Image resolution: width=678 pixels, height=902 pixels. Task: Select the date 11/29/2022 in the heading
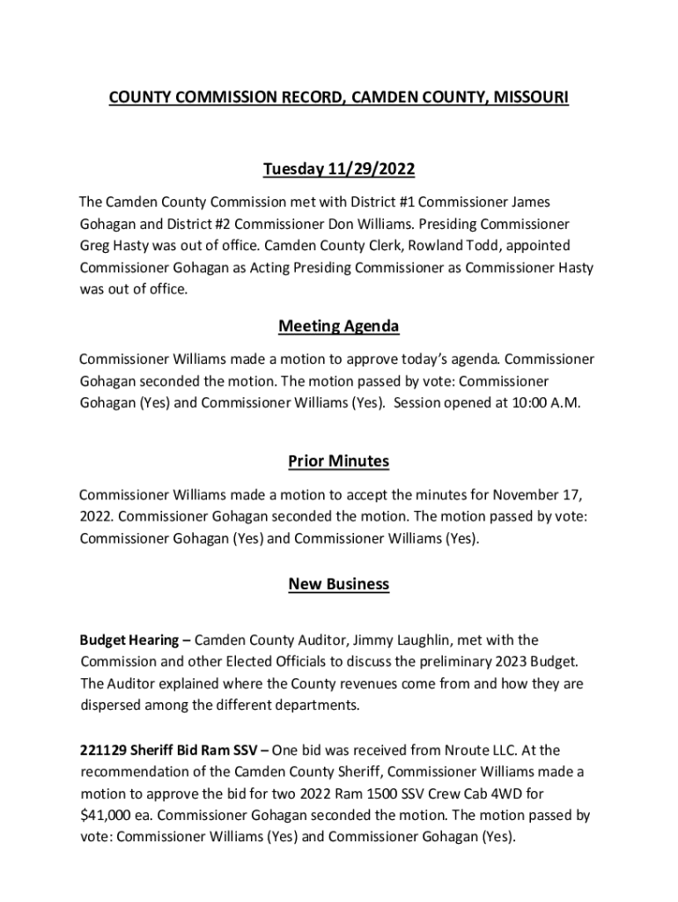click(372, 168)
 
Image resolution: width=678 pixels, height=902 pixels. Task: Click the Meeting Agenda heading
click(339, 327)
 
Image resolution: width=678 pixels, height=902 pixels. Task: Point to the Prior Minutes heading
click(339, 462)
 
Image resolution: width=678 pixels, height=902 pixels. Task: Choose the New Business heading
click(339, 584)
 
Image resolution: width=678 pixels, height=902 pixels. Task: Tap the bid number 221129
click(102, 750)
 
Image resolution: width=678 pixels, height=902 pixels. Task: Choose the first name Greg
click(96, 245)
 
